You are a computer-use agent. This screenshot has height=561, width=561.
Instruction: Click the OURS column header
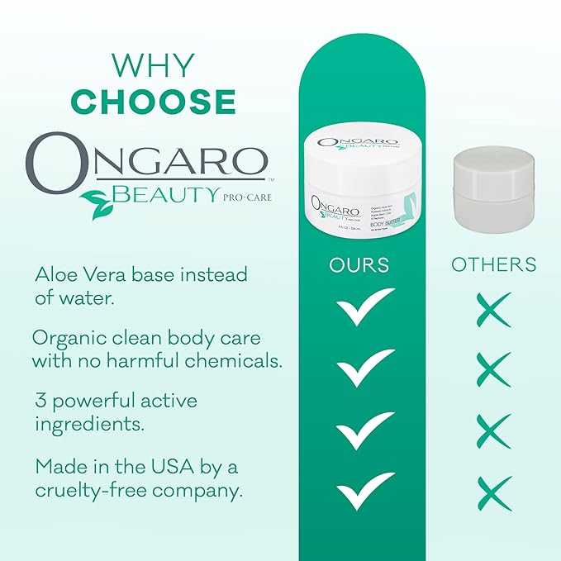[x=359, y=265]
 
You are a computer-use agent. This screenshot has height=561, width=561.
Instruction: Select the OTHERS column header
[x=494, y=265]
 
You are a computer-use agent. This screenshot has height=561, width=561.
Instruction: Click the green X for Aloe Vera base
[x=494, y=310]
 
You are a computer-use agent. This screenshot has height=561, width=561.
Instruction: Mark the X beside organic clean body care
[x=494, y=369]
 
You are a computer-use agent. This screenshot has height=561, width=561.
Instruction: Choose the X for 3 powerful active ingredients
[x=494, y=431]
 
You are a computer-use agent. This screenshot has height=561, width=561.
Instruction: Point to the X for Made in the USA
[x=494, y=492]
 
